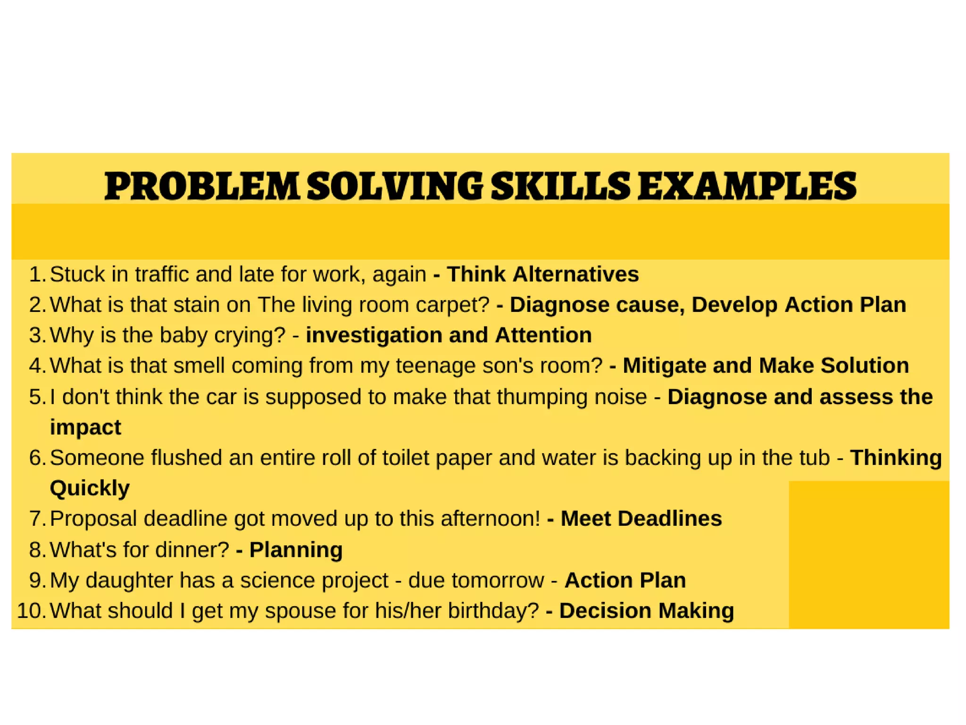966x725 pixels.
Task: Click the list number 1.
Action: [x=37, y=275]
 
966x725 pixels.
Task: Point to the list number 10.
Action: [x=31, y=611]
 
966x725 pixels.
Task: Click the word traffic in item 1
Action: [x=161, y=275]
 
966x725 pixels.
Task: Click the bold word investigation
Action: [x=374, y=336]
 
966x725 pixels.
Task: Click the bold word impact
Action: [x=85, y=428]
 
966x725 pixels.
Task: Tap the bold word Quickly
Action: [x=90, y=488]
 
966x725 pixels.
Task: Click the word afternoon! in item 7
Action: [x=490, y=519]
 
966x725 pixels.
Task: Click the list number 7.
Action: [x=37, y=519]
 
